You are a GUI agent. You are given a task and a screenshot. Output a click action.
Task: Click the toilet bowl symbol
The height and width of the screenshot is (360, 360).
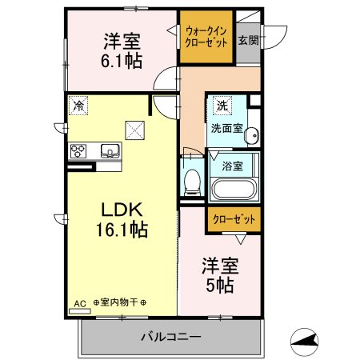click(x=192, y=182)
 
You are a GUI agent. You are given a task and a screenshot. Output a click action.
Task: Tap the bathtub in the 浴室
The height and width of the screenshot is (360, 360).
click(x=233, y=189)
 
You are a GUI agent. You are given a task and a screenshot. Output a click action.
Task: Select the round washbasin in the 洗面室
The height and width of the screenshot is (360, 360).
click(x=252, y=135)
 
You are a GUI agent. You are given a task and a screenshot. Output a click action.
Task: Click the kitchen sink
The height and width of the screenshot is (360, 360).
click(x=110, y=151)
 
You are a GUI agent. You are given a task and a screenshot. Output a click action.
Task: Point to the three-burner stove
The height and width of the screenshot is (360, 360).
click(x=78, y=151)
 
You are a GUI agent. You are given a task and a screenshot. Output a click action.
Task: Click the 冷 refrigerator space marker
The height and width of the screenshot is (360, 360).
click(x=78, y=106)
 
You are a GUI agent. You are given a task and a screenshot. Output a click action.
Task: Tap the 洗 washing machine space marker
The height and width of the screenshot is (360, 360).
click(x=222, y=106)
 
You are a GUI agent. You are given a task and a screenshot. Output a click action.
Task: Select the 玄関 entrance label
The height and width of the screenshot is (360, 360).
click(x=248, y=40)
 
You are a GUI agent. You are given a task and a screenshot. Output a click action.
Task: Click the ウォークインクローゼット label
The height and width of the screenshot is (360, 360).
click(x=206, y=37)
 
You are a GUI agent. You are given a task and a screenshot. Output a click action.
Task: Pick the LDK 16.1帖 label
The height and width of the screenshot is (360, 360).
click(x=122, y=220)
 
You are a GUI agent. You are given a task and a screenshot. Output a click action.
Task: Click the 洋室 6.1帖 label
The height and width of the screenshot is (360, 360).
click(x=122, y=51)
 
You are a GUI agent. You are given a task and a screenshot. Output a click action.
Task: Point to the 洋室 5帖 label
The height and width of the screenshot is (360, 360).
click(x=220, y=275)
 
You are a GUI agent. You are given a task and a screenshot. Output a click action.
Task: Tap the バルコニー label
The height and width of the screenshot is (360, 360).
click(x=171, y=337)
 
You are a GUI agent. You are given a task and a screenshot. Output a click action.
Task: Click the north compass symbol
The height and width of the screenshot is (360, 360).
click(x=304, y=342)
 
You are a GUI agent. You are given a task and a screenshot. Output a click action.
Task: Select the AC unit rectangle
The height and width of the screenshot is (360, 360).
click(x=80, y=311)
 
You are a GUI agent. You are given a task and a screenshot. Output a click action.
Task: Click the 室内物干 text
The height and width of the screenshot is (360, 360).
click(x=119, y=302)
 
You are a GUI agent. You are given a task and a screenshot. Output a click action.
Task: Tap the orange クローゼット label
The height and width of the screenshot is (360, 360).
click(x=234, y=219)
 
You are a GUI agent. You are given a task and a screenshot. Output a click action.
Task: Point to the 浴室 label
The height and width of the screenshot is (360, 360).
click(x=232, y=166)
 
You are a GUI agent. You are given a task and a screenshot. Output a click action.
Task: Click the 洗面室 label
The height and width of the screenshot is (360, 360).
click(x=227, y=129)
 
